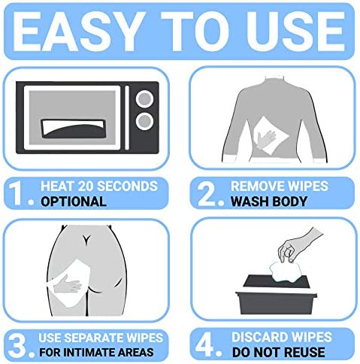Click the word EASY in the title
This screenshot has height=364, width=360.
coord(76,32)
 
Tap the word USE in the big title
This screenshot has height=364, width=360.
coord(296,32)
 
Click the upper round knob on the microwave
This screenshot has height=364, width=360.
coord(144,99)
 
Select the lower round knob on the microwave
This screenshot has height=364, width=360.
coord(144,121)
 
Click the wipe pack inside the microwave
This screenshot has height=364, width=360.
coord(74,129)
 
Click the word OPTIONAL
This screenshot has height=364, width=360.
coord(74,202)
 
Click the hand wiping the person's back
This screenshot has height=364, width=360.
coord(266,139)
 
